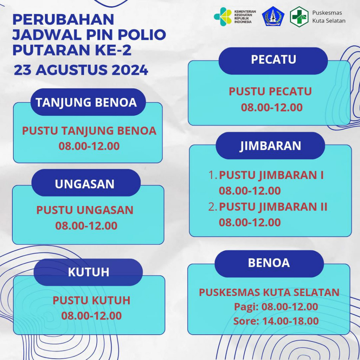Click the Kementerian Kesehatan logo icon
223,17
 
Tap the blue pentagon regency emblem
273,17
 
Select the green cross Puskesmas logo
299,17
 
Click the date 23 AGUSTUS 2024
81,70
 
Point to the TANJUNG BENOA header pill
86,102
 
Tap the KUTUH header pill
88,272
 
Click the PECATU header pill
273,60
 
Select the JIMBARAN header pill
270,146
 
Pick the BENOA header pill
269,263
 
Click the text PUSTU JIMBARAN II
273,207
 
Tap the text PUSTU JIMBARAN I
271,175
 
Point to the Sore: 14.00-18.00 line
276,321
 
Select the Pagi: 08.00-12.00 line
276,307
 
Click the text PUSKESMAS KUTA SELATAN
269,292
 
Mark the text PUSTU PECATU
270,92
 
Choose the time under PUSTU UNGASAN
86,226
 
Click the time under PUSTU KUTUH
91,316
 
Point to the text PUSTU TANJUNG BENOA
89,131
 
